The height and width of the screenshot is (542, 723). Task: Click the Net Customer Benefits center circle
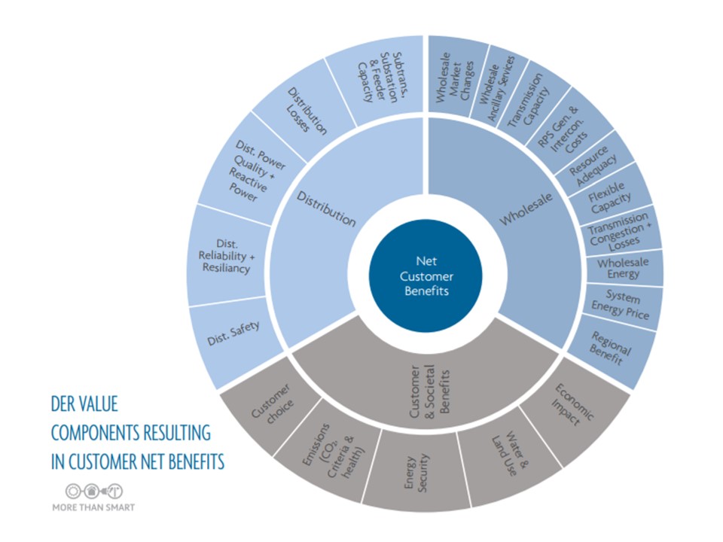(x=426, y=276)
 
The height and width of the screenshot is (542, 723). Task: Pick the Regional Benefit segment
(x=611, y=347)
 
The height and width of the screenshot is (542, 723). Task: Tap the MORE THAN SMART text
(x=93, y=507)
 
